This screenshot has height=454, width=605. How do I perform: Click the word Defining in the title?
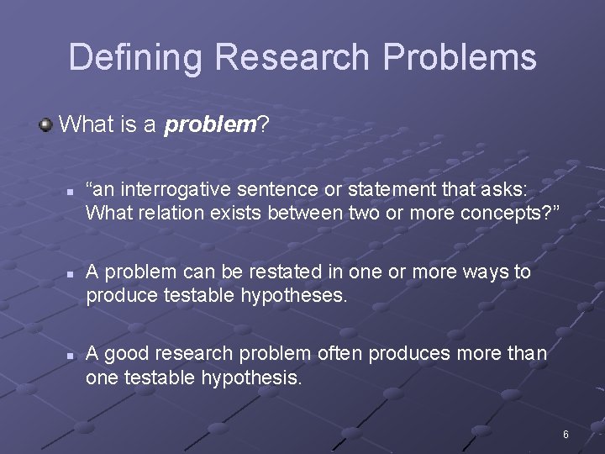coord(136,58)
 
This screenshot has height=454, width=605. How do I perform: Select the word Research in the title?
coord(292,58)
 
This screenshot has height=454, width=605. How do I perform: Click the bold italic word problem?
coord(209,126)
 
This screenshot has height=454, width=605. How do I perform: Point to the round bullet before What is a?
coord(45,125)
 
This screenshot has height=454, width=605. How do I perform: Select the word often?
coord(340,354)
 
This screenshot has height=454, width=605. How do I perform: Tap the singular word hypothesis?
coord(250,378)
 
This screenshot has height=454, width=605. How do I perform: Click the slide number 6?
coord(566,435)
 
